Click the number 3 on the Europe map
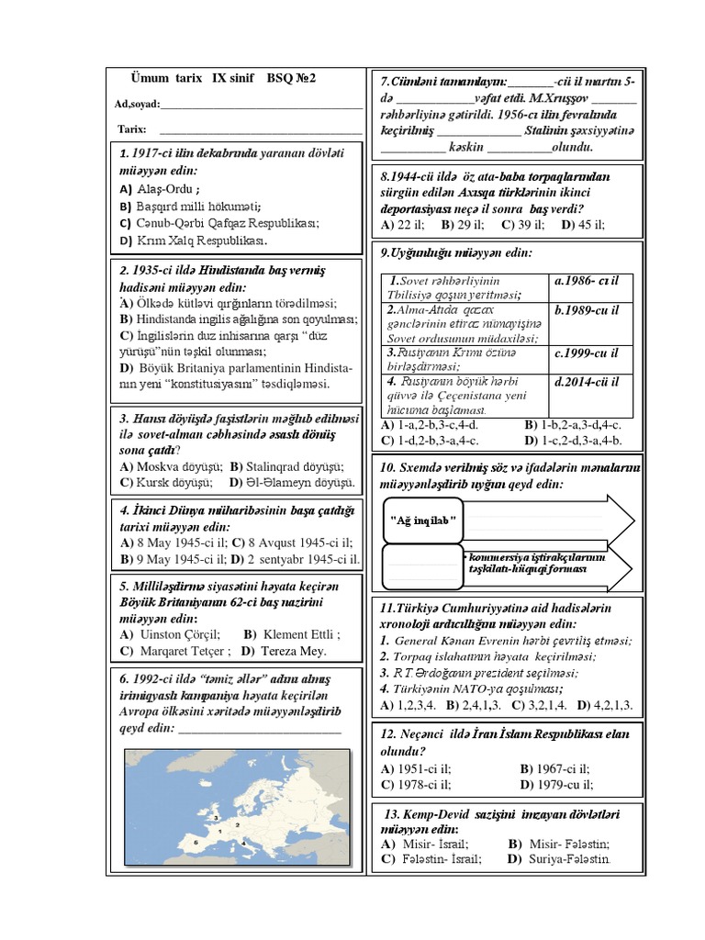click(215, 815)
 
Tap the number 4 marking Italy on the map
click(241, 841)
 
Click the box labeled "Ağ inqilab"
click(424, 520)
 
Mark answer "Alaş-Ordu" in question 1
click(163, 189)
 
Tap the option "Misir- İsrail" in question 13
click(433, 843)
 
